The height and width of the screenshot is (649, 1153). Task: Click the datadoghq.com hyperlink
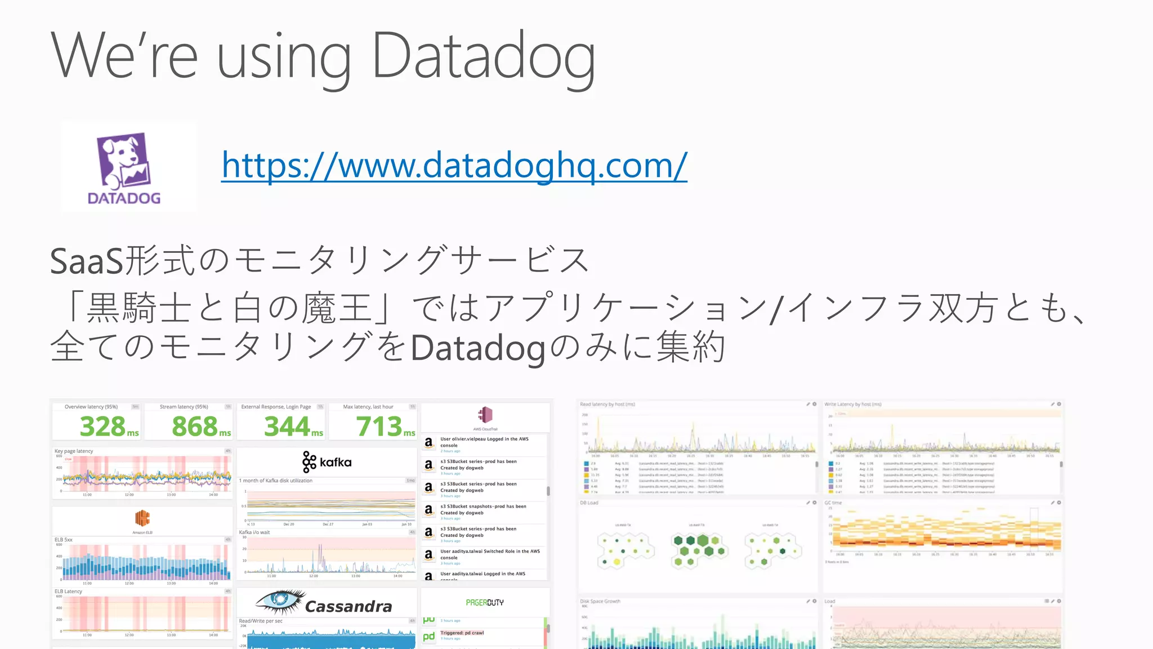click(454, 166)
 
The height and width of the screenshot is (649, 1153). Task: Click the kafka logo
click(327, 462)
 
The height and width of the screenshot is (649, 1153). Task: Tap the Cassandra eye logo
click(280, 602)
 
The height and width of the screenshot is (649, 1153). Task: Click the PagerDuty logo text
click(485, 602)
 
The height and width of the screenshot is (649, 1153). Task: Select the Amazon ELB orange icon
click(142, 518)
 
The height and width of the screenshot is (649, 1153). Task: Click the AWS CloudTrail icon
click(485, 415)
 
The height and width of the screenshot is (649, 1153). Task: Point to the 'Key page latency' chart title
click(74, 451)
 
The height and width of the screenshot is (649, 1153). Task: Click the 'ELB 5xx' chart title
click(64, 540)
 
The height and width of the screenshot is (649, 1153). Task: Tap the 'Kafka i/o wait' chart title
click(254, 532)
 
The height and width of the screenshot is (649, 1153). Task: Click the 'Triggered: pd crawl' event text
click(462, 633)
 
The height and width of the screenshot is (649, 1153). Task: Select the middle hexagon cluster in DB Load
click(698, 549)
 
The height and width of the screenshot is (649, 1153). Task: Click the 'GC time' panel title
click(833, 503)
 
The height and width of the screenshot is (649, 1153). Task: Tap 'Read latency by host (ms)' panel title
click(607, 404)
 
